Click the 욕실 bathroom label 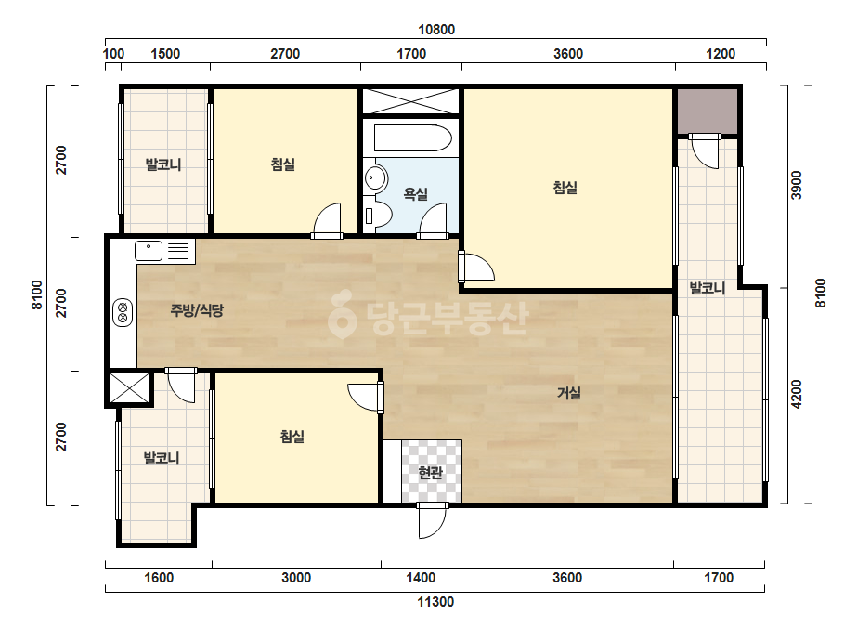point(415,193)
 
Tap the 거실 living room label point(569,393)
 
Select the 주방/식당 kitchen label point(197,310)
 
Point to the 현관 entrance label point(431,472)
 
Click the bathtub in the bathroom point(412,137)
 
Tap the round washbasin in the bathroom point(375,177)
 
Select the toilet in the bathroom point(377,216)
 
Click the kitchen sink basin point(149,251)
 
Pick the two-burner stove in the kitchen point(123,313)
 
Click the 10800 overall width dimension point(436,30)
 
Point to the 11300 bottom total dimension point(435,602)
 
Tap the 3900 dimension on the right point(797,186)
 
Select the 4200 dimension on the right point(797,394)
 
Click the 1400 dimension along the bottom point(421,578)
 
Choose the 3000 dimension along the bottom point(296,578)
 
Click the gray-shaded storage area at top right point(708,111)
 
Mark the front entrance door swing point(432,521)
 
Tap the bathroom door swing point(434,221)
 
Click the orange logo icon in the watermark point(342,314)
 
